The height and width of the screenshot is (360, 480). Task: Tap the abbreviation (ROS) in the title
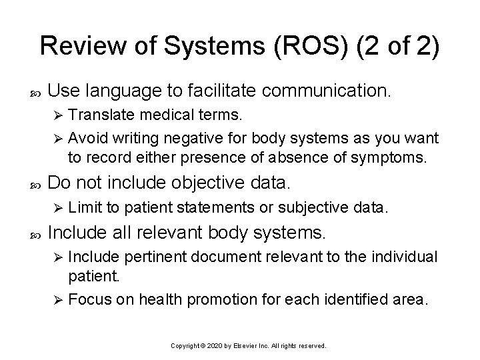coord(291,47)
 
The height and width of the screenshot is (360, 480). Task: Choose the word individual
coord(405,255)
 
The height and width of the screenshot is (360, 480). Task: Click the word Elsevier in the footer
coord(238,346)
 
